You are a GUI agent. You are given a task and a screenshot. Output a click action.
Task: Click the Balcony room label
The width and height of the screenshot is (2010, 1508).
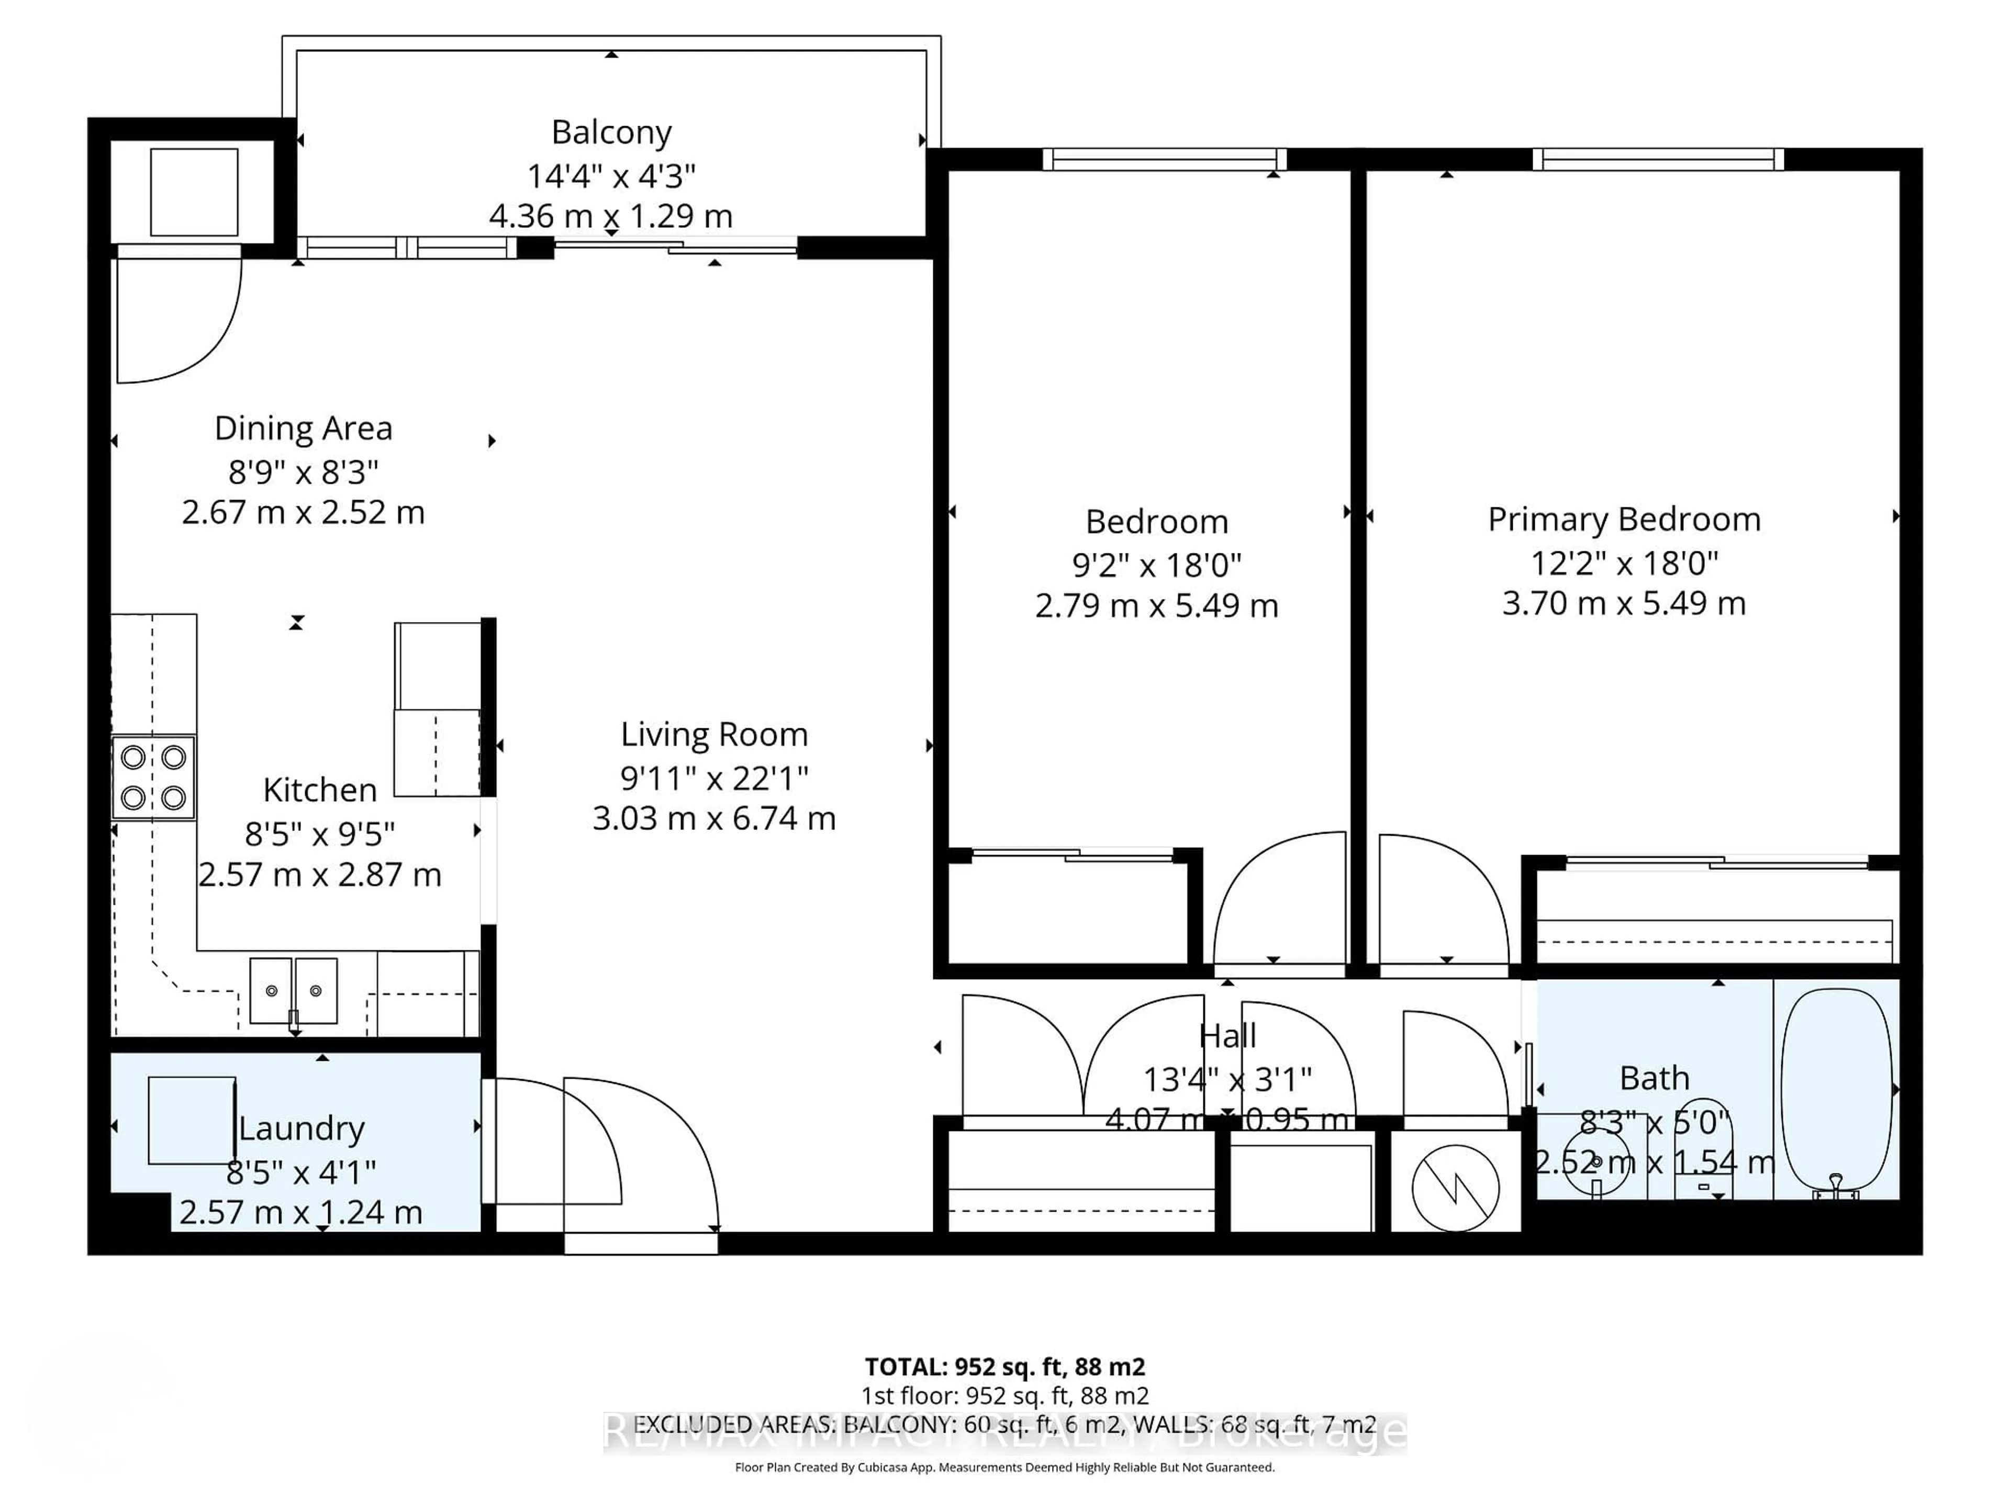coord(611,132)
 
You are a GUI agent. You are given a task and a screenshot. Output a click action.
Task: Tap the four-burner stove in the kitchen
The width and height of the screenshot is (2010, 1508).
coord(153,777)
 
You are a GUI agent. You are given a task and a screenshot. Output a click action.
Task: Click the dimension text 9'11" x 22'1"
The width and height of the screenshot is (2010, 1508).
coord(713,778)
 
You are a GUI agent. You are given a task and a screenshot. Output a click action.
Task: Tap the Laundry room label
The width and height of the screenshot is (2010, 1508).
coord(301,1128)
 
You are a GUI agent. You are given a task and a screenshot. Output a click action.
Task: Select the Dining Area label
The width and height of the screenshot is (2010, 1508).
coord(304,428)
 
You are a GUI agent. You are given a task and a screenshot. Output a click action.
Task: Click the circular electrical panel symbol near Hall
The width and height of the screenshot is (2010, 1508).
coord(1455,1187)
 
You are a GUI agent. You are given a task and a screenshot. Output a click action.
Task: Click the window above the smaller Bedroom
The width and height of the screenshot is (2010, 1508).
coord(1164,160)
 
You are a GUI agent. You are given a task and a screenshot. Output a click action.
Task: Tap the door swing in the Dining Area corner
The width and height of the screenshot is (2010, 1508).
coord(177,318)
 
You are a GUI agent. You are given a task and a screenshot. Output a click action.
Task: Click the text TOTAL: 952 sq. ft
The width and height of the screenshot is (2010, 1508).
coord(1004,1367)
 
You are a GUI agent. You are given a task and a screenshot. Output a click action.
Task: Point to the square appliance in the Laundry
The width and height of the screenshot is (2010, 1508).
coord(192,1120)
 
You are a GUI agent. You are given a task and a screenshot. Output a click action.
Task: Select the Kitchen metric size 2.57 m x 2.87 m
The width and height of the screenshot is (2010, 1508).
coord(320,874)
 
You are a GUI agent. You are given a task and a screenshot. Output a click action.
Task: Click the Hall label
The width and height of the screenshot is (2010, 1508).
coord(1227,1035)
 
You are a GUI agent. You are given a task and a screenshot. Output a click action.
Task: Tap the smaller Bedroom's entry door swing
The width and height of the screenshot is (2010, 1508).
coord(1279,900)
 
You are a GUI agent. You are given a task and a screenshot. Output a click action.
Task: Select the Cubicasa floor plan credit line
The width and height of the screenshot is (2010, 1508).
coord(1004,1467)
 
